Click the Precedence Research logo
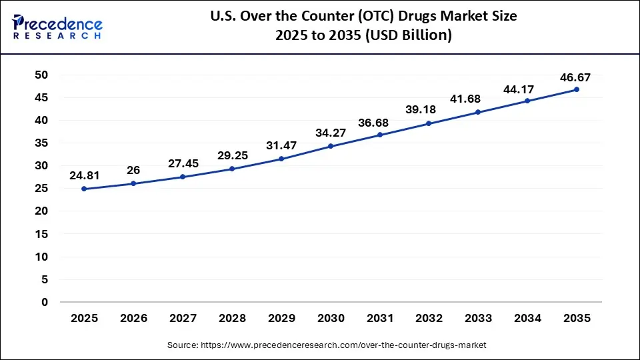click(x=57, y=27)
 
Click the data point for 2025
click(x=84, y=189)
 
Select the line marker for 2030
click(x=331, y=146)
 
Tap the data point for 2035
click(x=577, y=89)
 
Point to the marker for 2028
click(x=232, y=169)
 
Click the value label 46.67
click(x=575, y=77)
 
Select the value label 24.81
click(x=84, y=177)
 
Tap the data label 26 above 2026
click(x=133, y=171)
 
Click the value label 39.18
click(x=429, y=109)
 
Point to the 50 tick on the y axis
click(x=41, y=75)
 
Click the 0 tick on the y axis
click(x=45, y=302)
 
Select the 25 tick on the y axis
click(x=41, y=189)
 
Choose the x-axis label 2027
click(x=183, y=319)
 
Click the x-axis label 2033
click(x=478, y=319)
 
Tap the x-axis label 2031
click(x=380, y=319)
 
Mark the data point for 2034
click(x=527, y=101)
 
